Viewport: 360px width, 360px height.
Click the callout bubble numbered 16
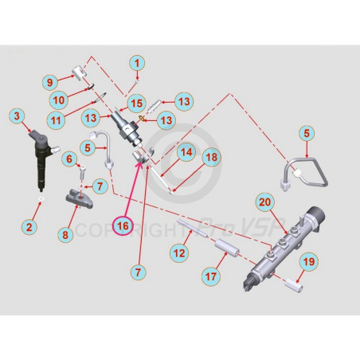tap(123, 226)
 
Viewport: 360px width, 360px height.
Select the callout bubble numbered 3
tap(17, 116)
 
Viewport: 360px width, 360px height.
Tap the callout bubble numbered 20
tap(265, 202)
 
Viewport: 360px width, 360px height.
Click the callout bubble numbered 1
tap(137, 64)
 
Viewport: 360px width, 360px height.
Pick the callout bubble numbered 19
tap(309, 262)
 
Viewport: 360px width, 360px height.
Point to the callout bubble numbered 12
tap(179, 253)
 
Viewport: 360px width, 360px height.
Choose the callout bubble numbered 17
tap(211, 276)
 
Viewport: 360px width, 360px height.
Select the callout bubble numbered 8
tap(65, 235)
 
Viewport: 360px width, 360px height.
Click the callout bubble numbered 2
tap(29, 227)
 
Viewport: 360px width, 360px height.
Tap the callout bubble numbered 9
tap(50, 82)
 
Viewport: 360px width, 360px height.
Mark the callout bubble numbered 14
tap(186, 152)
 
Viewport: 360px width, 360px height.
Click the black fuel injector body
tap(42, 159)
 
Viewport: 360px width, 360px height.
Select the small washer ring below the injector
tap(41, 199)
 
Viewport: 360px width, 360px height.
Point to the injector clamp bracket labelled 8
tap(80, 198)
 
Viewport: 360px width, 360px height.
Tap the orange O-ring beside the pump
tap(142, 118)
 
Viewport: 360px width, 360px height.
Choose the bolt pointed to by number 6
tap(83, 173)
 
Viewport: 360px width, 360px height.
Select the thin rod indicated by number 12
tap(192, 229)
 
